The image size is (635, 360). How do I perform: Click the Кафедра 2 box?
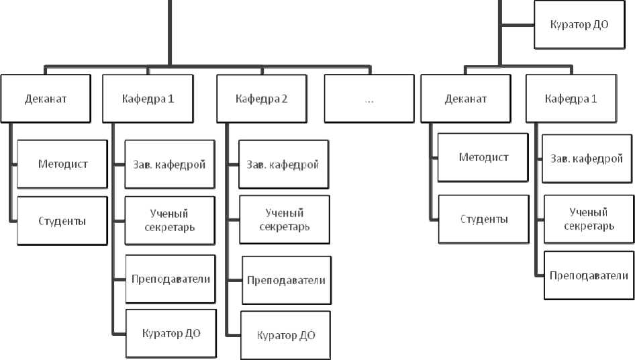coord(261,99)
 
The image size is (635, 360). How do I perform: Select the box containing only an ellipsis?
coord(369,99)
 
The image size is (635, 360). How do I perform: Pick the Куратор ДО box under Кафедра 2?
coord(286,334)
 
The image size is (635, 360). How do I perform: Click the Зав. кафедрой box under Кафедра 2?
coord(283,164)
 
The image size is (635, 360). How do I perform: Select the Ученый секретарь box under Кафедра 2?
coord(284,219)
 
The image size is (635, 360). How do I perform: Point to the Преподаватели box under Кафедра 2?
coord(286,280)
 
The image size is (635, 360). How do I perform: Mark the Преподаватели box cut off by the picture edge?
coord(588,275)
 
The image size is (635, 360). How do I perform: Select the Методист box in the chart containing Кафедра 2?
coord(62,164)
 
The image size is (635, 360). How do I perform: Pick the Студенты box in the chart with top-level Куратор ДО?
coord(484,219)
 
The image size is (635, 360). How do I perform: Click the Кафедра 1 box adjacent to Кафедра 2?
coord(148,99)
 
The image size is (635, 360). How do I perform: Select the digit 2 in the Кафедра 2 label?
coord(284,99)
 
